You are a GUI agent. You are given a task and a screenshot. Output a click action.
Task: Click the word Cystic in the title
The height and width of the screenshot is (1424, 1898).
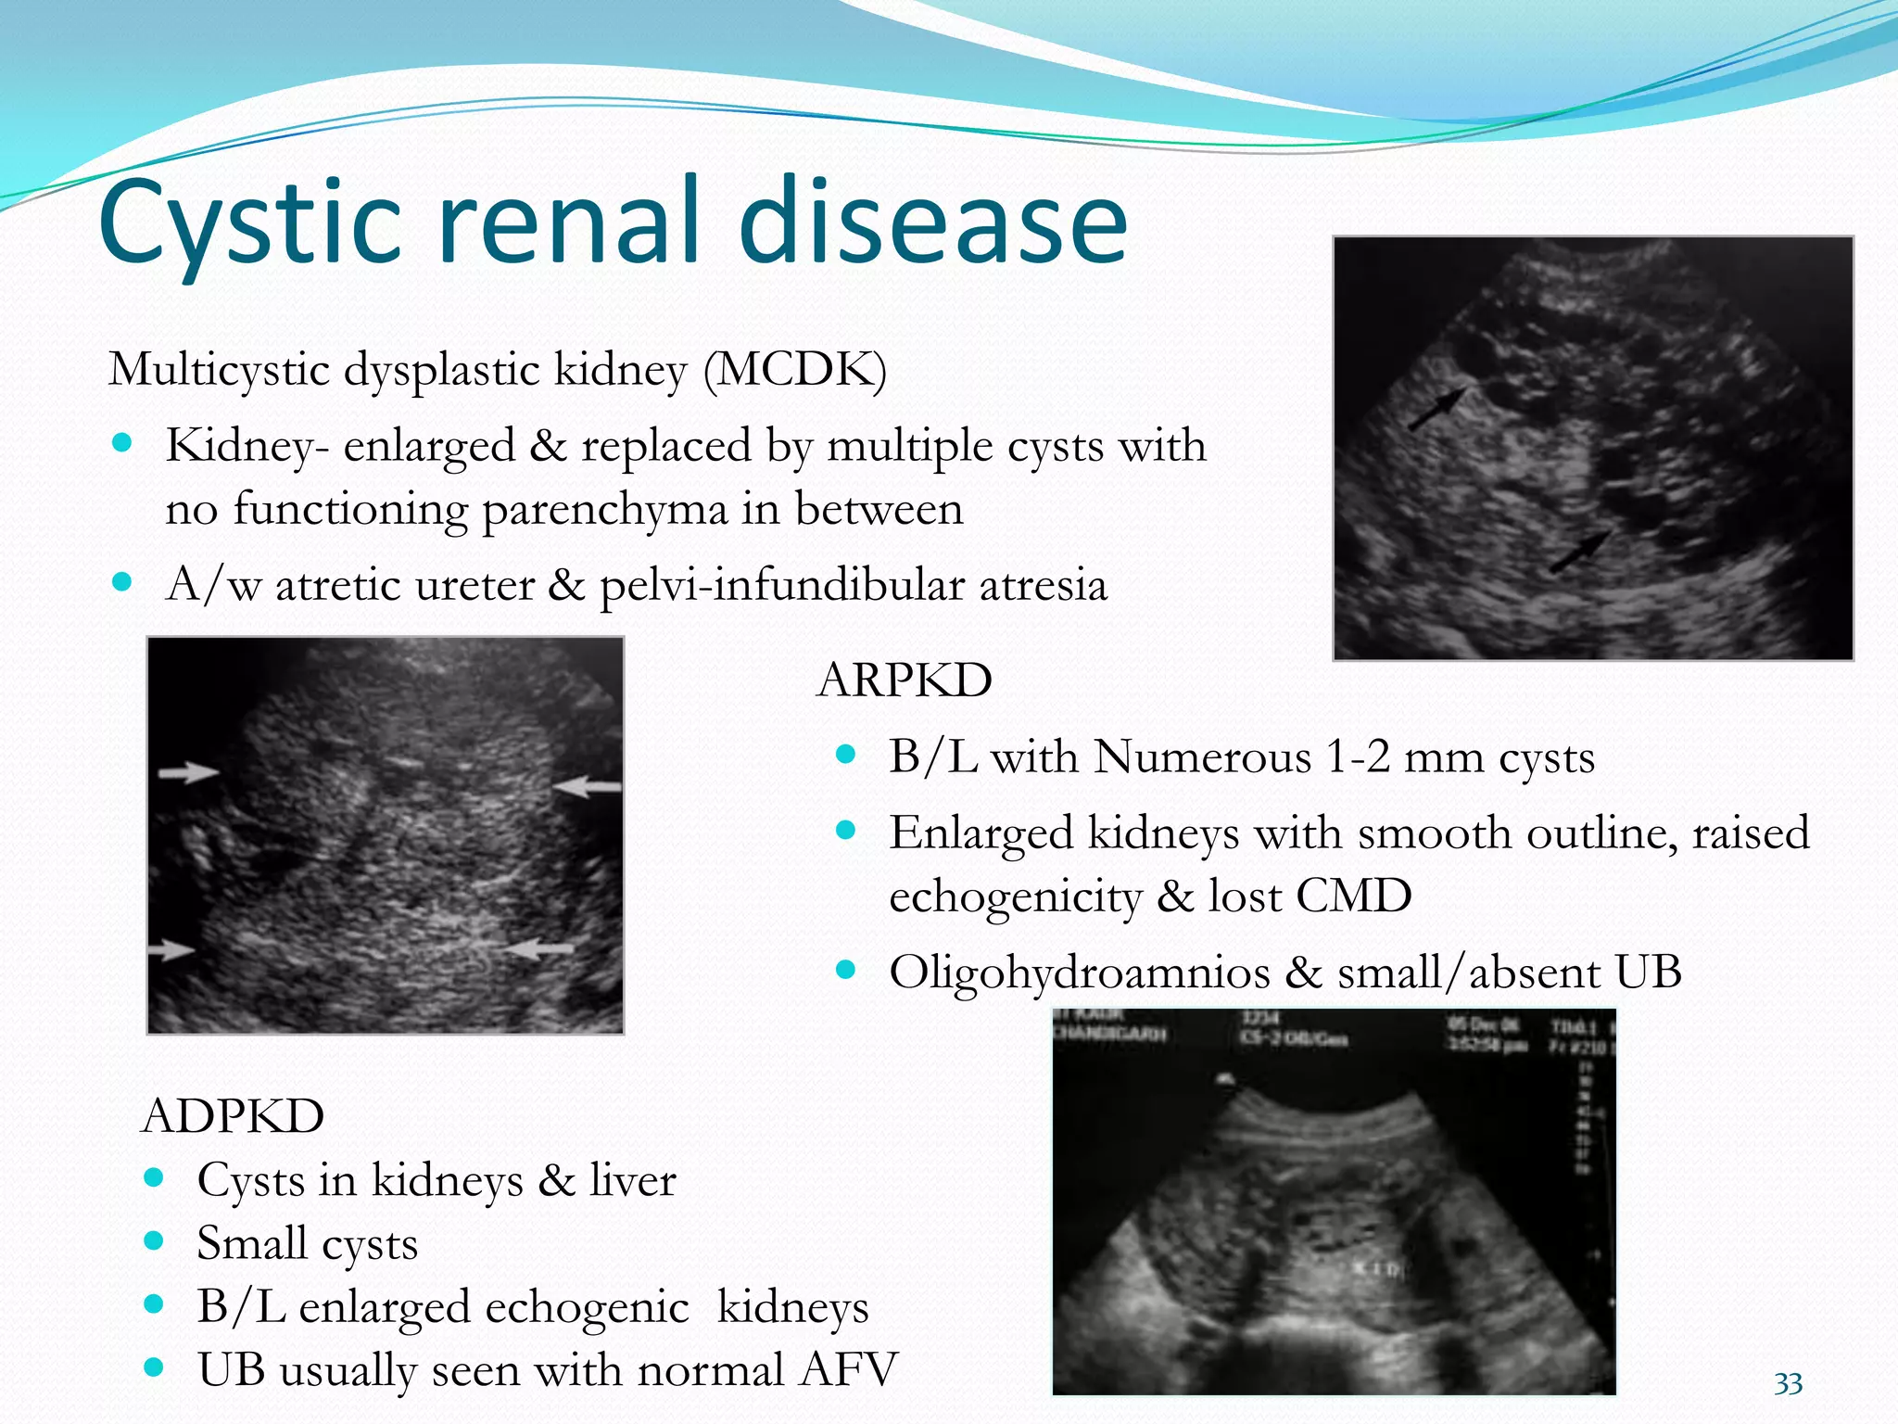pos(250,222)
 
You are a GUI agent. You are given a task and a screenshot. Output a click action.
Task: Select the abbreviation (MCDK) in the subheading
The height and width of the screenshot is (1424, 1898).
pos(795,370)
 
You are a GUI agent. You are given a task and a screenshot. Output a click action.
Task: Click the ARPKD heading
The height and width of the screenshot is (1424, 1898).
pos(905,680)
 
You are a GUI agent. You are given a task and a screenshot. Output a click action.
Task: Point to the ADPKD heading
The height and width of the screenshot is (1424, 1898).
pos(233,1115)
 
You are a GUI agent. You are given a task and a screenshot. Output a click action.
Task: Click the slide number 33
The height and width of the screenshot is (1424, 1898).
pos(1788,1384)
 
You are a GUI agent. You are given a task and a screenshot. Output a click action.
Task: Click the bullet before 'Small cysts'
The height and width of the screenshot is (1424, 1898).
pos(154,1241)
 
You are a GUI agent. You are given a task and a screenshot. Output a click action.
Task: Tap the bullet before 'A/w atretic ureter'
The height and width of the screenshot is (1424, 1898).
pos(121,583)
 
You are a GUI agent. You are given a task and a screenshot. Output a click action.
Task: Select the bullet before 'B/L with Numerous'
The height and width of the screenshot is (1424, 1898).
pos(844,755)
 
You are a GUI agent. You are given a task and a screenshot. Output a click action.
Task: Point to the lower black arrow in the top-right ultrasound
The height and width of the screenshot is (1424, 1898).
pos(1580,552)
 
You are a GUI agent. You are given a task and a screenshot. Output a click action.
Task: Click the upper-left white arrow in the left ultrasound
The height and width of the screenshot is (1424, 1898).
pos(188,771)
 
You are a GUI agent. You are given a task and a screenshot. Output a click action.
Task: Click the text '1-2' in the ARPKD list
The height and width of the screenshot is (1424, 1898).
pos(1358,757)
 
